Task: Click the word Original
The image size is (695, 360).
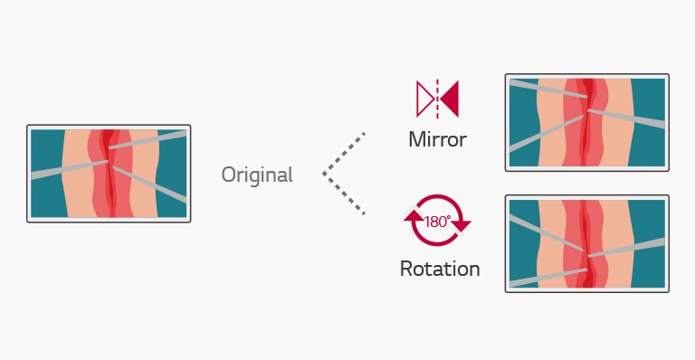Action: (257, 175)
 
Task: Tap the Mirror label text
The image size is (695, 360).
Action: (437, 140)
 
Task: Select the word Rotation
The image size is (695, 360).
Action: (440, 269)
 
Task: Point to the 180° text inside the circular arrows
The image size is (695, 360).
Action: (437, 221)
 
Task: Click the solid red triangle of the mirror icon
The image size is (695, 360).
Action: (450, 99)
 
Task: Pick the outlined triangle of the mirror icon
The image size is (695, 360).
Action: (424, 99)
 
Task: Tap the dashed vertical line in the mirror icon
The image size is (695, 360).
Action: (437, 99)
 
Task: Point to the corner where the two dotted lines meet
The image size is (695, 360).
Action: (324, 174)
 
